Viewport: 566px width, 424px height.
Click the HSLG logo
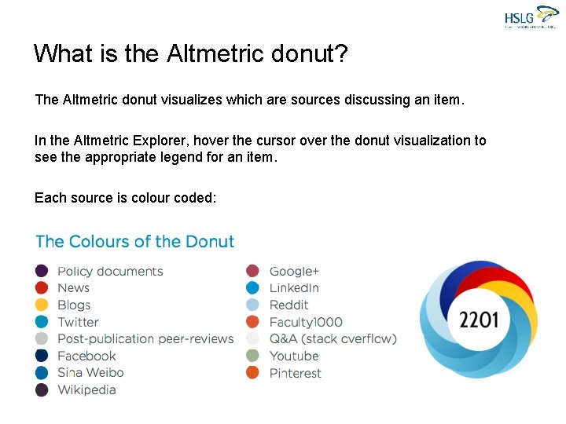531,16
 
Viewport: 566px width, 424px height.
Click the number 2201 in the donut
479,320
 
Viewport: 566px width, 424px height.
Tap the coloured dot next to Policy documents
42,271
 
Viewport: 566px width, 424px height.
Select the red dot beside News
42,288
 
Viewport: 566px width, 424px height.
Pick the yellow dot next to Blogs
42,305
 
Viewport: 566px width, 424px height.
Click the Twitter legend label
78,322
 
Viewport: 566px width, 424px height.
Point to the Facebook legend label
86,356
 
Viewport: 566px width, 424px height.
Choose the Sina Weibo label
90,372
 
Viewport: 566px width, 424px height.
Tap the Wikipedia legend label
86,389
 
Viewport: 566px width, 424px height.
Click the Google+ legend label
294,271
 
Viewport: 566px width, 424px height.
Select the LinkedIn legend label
294,288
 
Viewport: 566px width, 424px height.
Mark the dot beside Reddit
252,305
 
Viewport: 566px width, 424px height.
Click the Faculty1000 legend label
306,322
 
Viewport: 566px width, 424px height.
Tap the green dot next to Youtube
252,356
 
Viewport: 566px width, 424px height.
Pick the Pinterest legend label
295,373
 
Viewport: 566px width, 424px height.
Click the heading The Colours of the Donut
134,241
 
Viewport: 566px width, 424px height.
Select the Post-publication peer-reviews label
145,338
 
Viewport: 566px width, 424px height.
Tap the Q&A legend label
333,338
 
